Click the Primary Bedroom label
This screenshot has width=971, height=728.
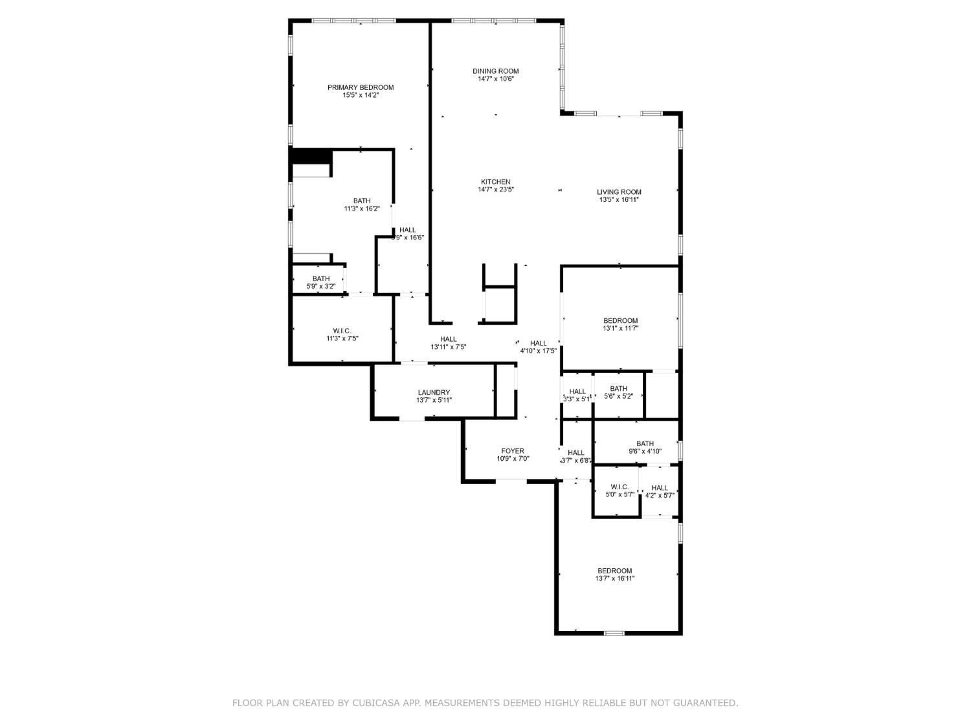360,87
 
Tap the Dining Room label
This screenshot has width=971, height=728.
495,71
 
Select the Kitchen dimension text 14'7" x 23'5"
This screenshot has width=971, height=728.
495,190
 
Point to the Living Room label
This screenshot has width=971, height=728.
619,192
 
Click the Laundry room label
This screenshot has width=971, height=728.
434,392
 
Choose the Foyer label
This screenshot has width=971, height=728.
513,451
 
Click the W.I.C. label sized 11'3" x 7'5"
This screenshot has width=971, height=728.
342,331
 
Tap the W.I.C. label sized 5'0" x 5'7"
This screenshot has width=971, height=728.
619,487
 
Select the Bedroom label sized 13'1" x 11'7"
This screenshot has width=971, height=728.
620,320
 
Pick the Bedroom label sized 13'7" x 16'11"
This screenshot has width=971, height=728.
614,571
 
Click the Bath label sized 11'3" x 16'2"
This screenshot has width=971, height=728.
362,201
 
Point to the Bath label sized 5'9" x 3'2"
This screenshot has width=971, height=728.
321,279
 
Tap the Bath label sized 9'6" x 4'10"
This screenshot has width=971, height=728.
645,444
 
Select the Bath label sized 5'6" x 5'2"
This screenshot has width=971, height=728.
618,389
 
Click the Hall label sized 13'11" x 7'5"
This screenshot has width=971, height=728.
448,339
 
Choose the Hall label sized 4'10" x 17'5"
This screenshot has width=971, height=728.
538,343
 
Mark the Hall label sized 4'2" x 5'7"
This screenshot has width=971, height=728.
660,488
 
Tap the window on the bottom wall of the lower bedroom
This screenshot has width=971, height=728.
614,633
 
